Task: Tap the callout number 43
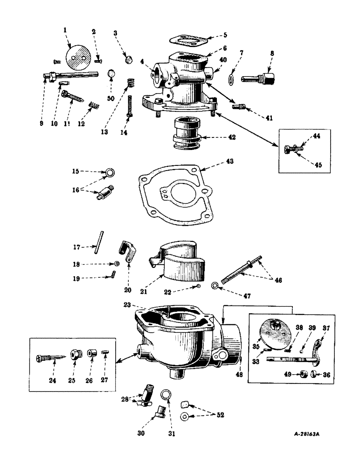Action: pos(218,161)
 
